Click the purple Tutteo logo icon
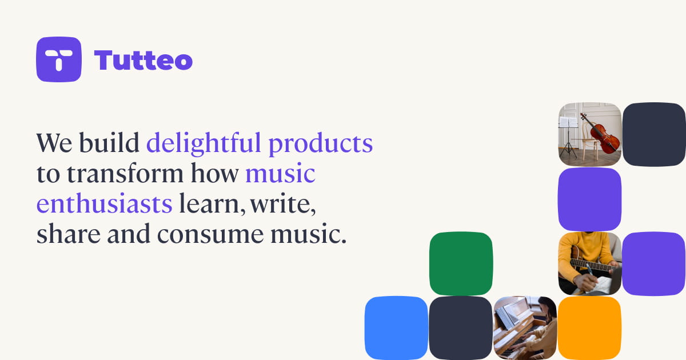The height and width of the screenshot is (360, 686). pos(59,59)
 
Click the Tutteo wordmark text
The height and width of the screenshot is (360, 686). pos(143,60)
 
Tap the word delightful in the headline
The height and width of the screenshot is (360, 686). pos(204,143)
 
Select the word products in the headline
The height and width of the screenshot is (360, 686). pos(321,145)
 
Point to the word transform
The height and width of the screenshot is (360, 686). pos(125,173)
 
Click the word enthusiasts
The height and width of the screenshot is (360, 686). pos(105,203)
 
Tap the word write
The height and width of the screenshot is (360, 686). pos(282,204)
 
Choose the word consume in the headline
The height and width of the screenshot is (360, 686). pos(210,235)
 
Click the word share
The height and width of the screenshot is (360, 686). pos(69,234)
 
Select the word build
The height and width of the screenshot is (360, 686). pos(109,143)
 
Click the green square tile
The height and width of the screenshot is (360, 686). pos(461,263)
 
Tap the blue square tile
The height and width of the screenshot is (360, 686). pos(396,328)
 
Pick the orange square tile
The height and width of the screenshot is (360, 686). pos(589,328)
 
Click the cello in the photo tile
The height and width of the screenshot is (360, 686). pos(601,135)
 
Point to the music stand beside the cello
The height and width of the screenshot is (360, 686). pos(568,138)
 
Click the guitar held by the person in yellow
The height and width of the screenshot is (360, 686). pos(591,263)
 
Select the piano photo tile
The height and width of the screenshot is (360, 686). pos(525,328)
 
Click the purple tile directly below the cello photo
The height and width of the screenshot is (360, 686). pos(589,199)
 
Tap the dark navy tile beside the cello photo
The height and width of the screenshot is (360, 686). pos(654,134)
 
